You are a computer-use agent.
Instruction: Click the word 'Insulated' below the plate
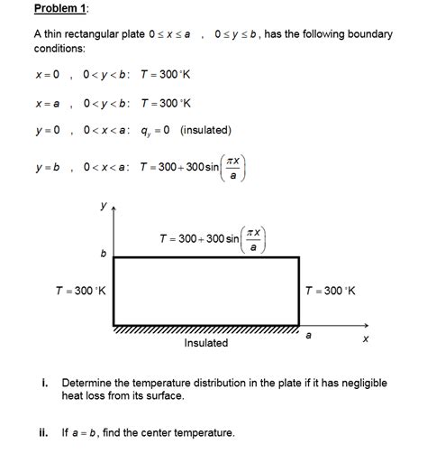click(x=205, y=343)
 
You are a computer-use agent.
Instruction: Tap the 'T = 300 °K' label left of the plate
click(x=80, y=291)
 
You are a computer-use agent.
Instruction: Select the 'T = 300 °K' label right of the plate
click(x=330, y=291)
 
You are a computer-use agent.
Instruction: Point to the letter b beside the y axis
click(x=104, y=255)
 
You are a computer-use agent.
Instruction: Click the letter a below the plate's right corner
click(x=308, y=336)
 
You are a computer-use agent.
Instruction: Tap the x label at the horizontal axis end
click(x=365, y=340)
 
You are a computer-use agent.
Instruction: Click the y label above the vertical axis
click(x=103, y=207)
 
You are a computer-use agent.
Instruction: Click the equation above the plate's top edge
click(x=212, y=239)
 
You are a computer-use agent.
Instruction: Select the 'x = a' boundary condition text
click(x=47, y=103)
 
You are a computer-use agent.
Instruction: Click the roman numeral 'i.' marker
click(x=44, y=382)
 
